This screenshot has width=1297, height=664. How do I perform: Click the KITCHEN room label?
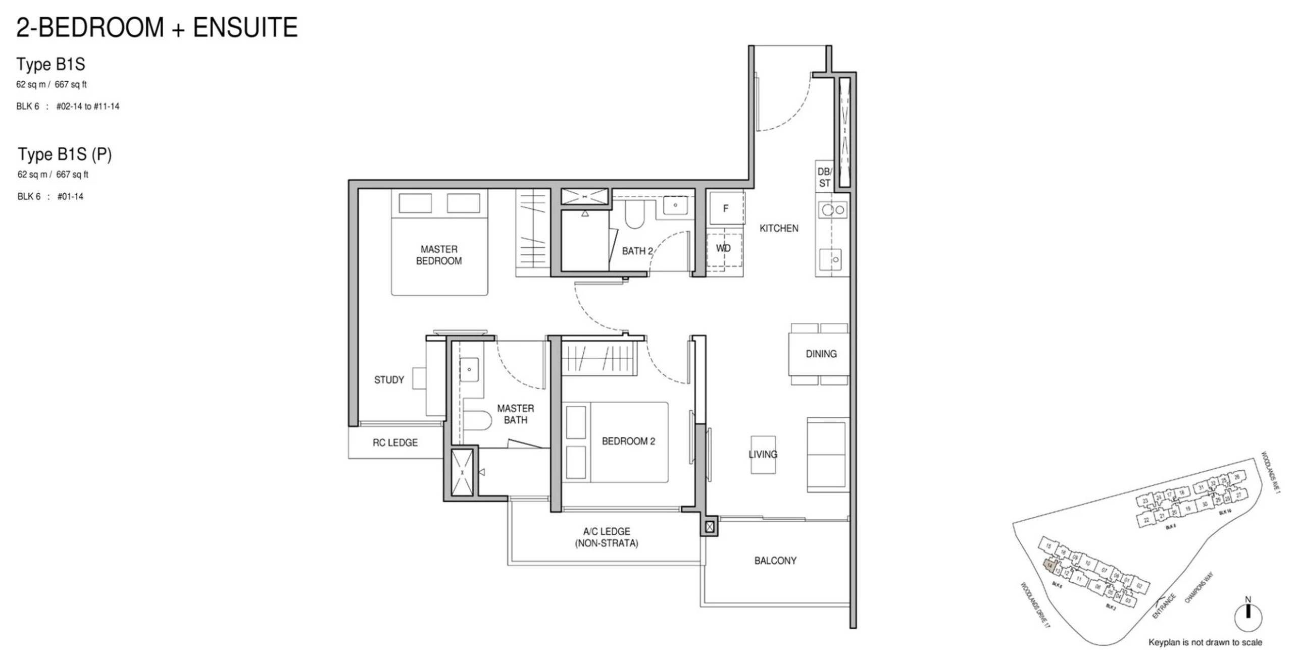[x=779, y=229]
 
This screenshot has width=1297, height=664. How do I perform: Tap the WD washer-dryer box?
[x=723, y=248]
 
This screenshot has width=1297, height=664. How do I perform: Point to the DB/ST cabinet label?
[x=824, y=178]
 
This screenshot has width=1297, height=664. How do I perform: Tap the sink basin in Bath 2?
[x=674, y=205]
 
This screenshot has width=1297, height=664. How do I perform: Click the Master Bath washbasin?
[x=469, y=369]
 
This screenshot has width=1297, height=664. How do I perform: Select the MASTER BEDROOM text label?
[x=438, y=255]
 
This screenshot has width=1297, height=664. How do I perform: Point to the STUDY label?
[x=389, y=380]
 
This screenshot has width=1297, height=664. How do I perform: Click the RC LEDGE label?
[x=395, y=442]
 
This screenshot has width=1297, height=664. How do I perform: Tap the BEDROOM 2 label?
[x=628, y=441]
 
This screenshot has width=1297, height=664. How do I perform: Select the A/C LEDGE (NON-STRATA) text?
[x=606, y=537]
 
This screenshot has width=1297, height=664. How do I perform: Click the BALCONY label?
[x=775, y=561]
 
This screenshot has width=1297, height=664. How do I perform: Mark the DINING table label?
[x=821, y=354]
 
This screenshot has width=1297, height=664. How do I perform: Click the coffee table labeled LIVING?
[x=763, y=454]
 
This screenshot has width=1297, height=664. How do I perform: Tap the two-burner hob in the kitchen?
[x=833, y=210]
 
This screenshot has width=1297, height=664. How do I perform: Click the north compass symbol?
[x=1248, y=616]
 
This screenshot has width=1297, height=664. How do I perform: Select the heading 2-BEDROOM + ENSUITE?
[x=157, y=27]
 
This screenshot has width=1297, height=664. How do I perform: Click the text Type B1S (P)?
[x=65, y=154]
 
